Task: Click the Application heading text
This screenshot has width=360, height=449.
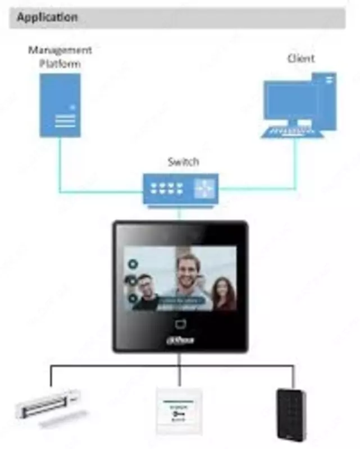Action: [47, 17]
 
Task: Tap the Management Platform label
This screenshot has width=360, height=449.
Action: [60, 57]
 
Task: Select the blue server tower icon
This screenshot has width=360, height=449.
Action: [60, 105]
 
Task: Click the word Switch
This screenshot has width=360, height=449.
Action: [183, 162]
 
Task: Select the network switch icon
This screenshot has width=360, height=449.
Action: [180, 189]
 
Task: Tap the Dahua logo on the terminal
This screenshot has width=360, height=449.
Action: [179, 340]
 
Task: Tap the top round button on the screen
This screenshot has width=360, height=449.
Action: [133, 263]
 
